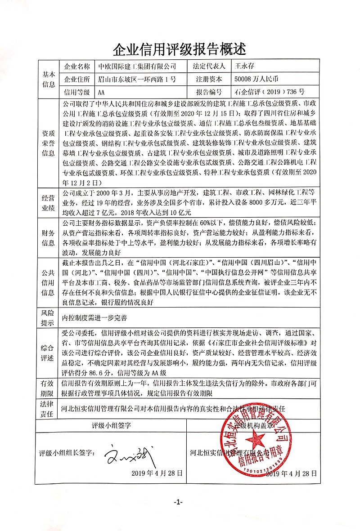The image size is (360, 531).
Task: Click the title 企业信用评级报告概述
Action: click(180, 47)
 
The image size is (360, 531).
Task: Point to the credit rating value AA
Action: click(101, 93)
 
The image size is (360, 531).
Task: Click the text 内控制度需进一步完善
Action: click(94, 318)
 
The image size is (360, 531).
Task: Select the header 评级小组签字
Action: click(111, 425)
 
